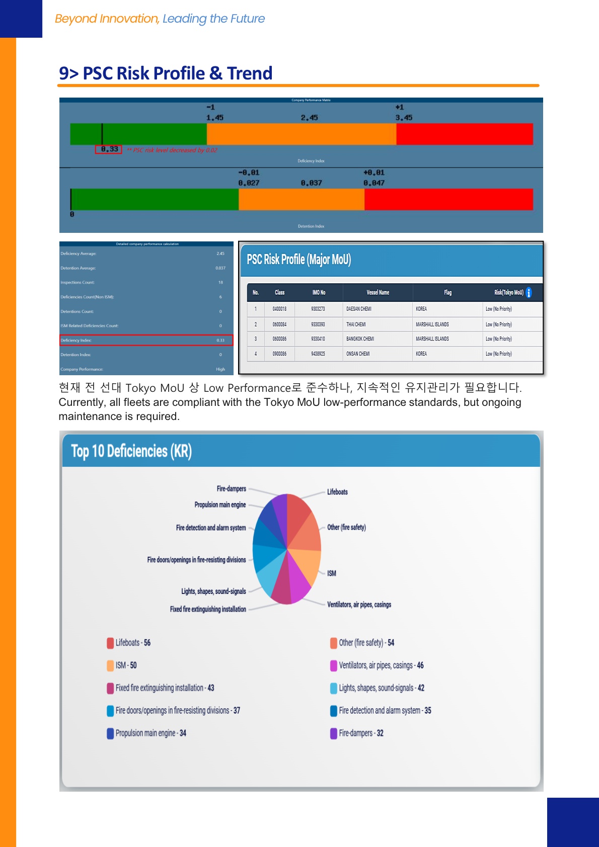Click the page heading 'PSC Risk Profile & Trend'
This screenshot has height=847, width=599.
[166, 73]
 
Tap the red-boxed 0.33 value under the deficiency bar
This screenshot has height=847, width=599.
[109, 149]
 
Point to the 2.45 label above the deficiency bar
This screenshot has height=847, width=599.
[309, 118]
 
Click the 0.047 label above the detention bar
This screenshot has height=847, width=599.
[374, 183]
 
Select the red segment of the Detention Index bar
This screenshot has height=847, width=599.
[448, 200]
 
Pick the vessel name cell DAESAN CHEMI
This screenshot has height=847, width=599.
[359, 309]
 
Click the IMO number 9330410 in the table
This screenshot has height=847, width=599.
[318, 339]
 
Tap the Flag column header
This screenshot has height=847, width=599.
[447, 293]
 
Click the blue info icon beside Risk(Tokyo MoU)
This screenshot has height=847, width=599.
[529, 293]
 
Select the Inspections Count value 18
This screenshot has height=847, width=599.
[220, 283]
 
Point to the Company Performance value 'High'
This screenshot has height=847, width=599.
[220, 369]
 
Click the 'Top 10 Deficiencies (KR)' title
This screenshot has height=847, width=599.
[131, 451]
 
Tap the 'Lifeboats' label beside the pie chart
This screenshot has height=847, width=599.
[337, 492]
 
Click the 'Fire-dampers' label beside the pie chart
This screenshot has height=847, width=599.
[231, 489]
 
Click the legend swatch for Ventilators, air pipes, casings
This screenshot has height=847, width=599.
[334, 665]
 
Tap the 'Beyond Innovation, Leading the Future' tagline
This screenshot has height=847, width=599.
[160, 19]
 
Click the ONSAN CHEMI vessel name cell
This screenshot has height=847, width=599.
[358, 354]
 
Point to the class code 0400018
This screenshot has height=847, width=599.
[279, 309]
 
